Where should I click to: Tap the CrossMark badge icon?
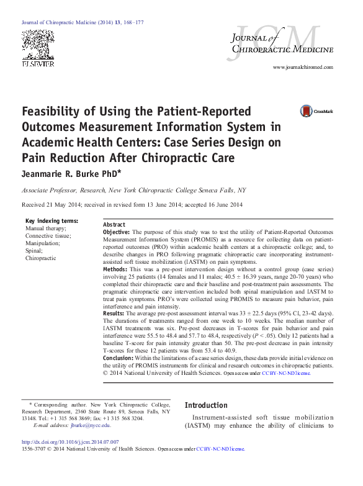click(x=289, y=111)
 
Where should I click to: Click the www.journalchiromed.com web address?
click(x=303, y=67)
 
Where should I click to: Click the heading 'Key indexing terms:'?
click(x=52, y=221)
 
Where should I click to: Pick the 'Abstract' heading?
click(x=114, y=225)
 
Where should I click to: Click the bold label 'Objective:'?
click(x=116, y=232)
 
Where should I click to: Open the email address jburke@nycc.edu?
click(x=89, y=425)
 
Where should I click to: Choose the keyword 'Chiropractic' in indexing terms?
click(x=41, y=258)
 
